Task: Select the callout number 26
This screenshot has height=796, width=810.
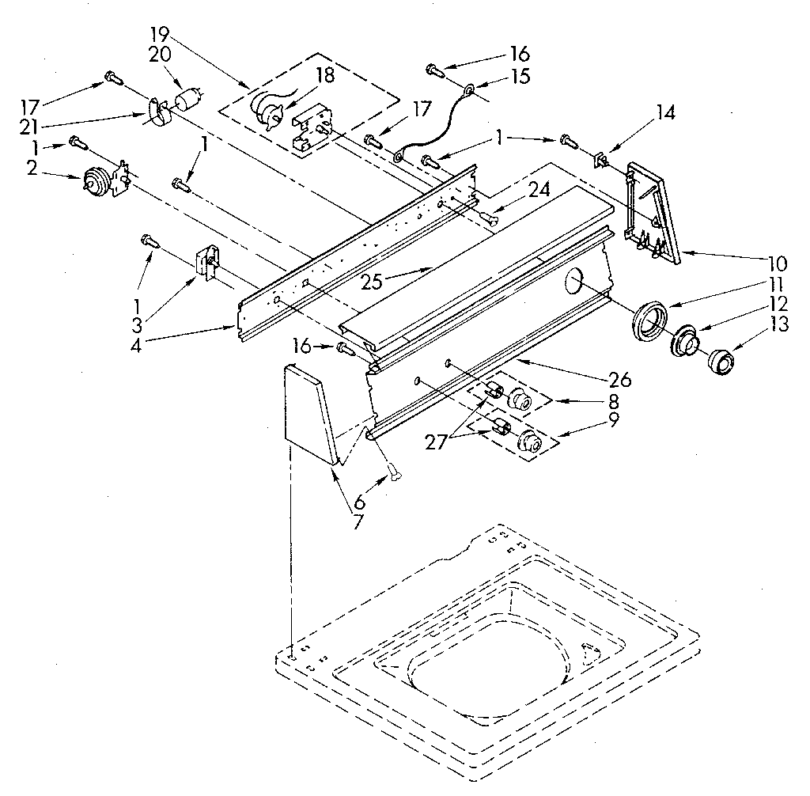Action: pyautogui.click(x=620, y=379)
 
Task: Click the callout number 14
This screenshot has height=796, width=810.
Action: pyautogui.click(x=665, y=113)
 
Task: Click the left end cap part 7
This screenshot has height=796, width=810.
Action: pyautogui.click(x=308, y=412)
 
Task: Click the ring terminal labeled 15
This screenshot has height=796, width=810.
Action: pyautogui.click(x=468, y=91)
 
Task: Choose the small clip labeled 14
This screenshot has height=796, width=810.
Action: pyautogui.click(x=601, y=161)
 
